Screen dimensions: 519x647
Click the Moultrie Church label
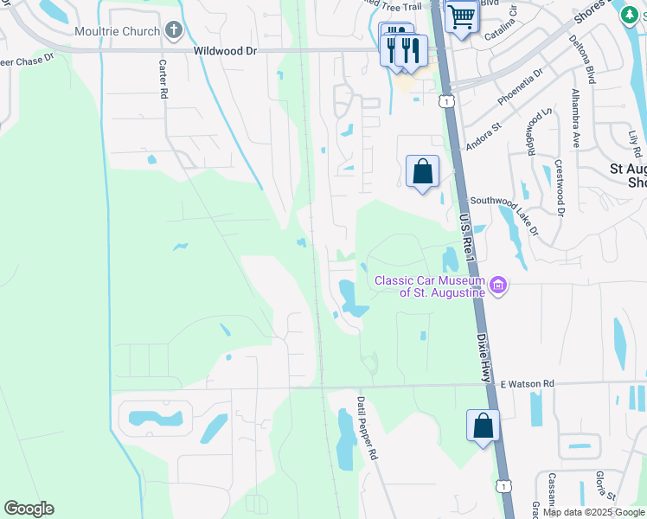coord(117,32)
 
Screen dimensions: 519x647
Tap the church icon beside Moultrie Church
coord(173,32)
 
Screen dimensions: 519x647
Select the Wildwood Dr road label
coord(226,52)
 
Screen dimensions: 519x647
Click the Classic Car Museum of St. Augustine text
coord(429,286)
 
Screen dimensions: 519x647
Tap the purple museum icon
coord(498,285)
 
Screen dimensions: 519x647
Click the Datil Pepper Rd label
coord(368,427)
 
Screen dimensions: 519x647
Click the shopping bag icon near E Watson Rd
coord(483,426)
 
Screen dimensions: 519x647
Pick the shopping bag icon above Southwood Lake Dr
coord(422,171)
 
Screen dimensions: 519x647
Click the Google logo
coord(29,509)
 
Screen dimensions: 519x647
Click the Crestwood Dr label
coord(560,187)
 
